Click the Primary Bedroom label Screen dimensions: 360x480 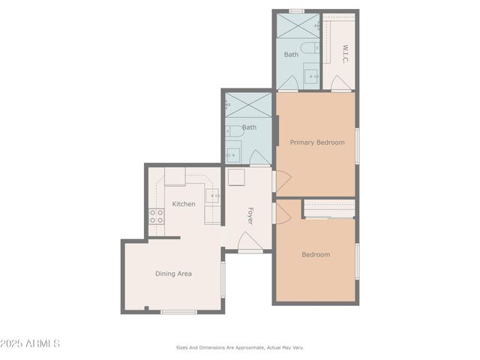pos(317,142)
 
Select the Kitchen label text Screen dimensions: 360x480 pos(184,204)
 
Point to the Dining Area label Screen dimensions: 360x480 pos(173,274)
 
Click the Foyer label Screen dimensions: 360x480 pos(250,216)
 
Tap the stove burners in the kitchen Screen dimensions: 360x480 pos(157,217)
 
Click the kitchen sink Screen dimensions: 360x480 pos(213,196)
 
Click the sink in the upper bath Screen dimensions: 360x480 pos(312,76)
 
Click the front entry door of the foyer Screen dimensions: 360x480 pos(250,242)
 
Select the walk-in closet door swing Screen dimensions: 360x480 pos(342,84)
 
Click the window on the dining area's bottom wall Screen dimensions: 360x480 pos(179,311)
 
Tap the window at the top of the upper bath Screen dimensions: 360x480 pos(297,11)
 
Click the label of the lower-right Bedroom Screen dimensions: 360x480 pos(316,255)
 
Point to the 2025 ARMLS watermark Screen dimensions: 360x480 pos(31,343)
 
